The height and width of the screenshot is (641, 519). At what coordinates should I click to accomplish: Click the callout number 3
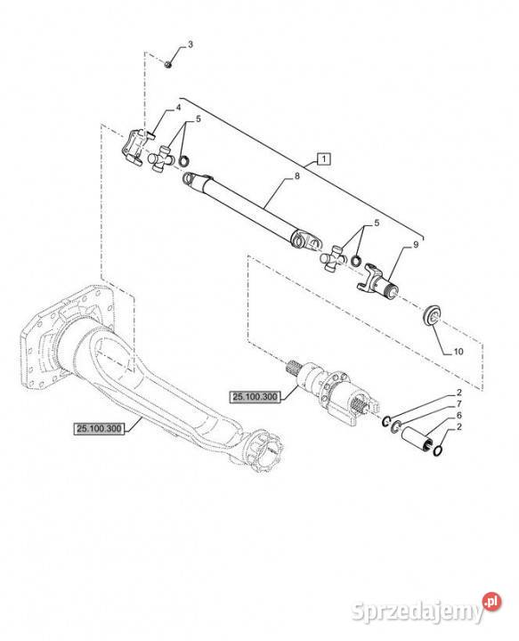coord(190,45)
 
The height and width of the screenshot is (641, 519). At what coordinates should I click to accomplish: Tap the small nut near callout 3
coord(167,64)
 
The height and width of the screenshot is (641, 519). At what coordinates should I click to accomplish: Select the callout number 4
coord(178,108)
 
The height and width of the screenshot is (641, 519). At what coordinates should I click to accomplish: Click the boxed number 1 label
coord(324,158)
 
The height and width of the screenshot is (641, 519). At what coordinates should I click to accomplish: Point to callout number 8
coord(297,175)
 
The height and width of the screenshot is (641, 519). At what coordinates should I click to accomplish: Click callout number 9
coord(416,245)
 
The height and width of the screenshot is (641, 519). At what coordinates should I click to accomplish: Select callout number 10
coord(458,351)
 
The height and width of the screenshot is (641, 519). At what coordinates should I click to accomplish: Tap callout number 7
coord(459,404)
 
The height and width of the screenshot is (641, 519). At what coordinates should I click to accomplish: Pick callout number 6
coord(459,416)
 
